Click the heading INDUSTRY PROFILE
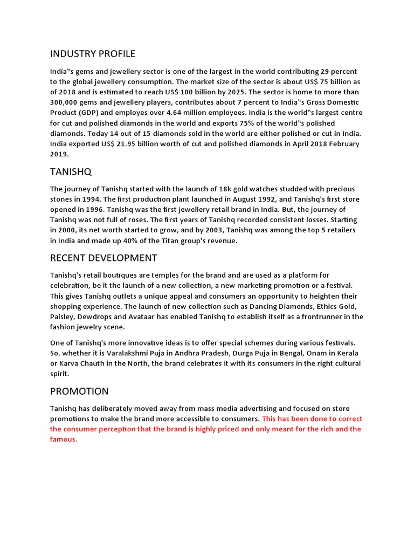(x=93, y=54)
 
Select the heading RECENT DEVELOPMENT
(x=103, y=258)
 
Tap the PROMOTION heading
(x=79, y=391)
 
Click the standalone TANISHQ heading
(x=71, y=171)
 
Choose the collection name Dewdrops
(x=99, y=316)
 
